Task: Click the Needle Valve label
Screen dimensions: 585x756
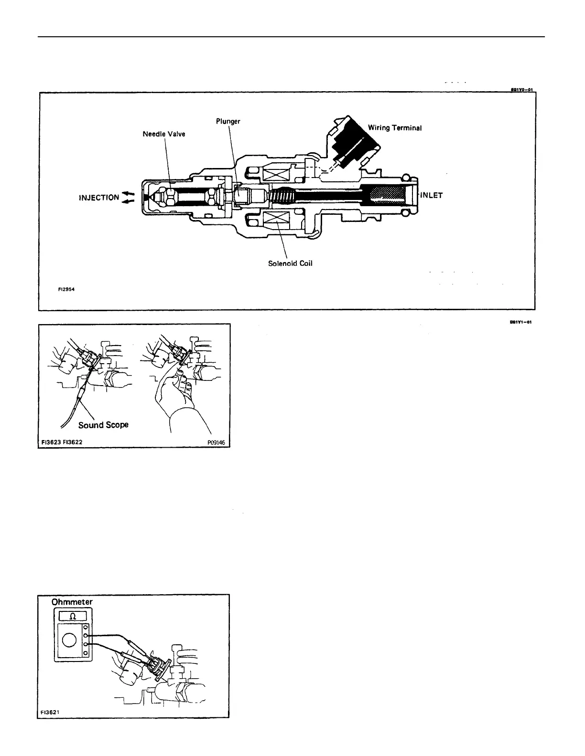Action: pos(163,134)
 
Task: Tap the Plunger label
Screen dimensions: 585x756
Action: pos(227,121)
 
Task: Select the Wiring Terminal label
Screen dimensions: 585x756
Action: pos(395,128)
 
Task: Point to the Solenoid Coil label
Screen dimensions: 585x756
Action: pos(290,263)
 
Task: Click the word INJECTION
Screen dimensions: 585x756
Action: pos(99,198)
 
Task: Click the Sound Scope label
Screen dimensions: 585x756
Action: pos(103,425)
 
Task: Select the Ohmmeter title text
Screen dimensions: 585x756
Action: pos(72,602)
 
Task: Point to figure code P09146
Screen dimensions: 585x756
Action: pos(216,442)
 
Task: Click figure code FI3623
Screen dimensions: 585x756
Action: pos(50,442)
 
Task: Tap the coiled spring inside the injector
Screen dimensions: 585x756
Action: pos(284,195)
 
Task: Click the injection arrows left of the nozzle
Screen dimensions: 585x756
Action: pos(129,197)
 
